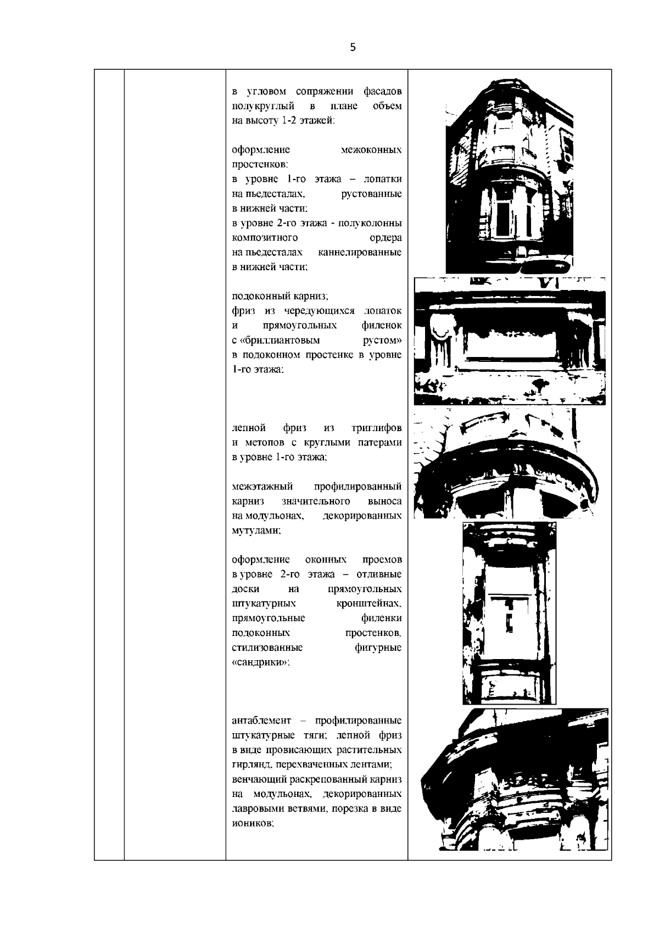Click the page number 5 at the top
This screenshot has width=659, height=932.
click(353, 48)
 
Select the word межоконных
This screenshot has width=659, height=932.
click(371, 150)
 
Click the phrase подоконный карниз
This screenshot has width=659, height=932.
click(279, 296)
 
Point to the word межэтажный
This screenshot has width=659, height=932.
click(263, 487)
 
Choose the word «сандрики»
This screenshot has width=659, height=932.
click(260, 662)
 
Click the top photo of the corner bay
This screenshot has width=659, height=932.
click(509, 176)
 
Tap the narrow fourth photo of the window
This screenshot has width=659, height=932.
click(509, 613)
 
